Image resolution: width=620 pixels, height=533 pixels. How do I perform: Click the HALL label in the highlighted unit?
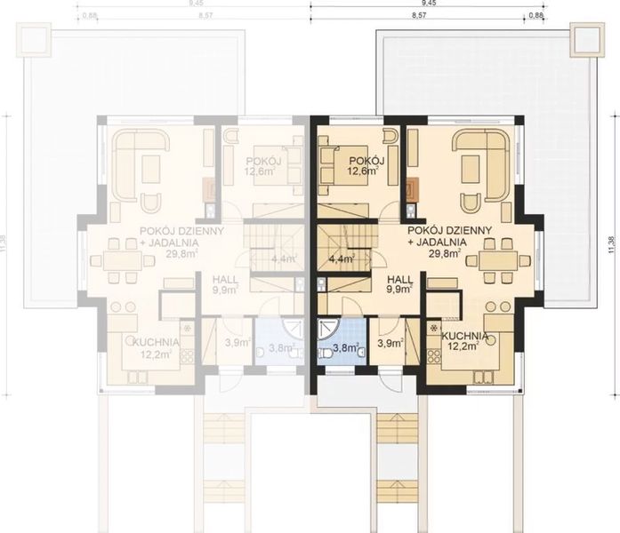[x=398, y=277]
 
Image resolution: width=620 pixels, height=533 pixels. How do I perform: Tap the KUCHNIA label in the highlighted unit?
[x=464, y=336]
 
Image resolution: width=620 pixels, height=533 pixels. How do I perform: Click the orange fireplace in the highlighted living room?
[x=412, y=188]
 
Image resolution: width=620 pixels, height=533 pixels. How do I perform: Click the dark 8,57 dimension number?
[x=420, y=15]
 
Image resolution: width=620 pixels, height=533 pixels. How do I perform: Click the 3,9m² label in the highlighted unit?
[x=388, y=343]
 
